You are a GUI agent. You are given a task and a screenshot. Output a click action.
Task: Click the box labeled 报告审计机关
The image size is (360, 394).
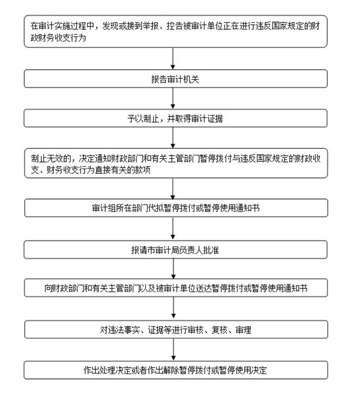[175, 79]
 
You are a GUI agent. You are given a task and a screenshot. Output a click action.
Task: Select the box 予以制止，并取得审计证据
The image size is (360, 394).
[175, 118]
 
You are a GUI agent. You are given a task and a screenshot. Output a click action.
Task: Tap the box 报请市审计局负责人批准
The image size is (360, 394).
[175, 249]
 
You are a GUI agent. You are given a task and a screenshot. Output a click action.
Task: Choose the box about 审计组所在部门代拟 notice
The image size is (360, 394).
[176, 208]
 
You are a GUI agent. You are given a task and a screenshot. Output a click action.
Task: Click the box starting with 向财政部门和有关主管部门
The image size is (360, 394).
[176, 288]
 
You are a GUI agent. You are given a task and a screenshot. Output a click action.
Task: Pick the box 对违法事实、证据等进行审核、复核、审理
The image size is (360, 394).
[176, 329]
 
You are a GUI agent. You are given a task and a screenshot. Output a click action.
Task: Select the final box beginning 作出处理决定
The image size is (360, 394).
[176, 370]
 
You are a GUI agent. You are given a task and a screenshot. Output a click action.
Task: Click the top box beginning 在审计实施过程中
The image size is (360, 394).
[175, 31]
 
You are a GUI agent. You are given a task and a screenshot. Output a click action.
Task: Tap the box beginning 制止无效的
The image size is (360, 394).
[176, 163]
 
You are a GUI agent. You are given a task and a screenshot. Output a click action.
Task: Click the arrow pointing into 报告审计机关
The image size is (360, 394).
[173, 59]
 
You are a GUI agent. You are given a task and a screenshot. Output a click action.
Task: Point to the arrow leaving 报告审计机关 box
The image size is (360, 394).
[173, 98]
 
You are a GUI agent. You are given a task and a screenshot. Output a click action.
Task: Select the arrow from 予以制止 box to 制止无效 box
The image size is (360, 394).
[173, 138]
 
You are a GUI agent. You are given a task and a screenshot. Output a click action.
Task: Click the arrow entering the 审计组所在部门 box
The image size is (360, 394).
[173, 188]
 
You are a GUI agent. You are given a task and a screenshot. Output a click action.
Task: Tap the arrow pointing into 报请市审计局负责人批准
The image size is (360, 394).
[173, 228]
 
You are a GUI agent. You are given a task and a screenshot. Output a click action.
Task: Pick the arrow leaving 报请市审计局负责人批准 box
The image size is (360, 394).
[173, 269]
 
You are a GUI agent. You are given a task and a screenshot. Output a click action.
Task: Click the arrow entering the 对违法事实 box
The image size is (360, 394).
[173, 309]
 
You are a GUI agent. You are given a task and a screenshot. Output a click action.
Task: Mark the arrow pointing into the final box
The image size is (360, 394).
[173, 350]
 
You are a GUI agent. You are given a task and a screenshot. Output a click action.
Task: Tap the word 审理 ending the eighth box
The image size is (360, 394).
[244, 330]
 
